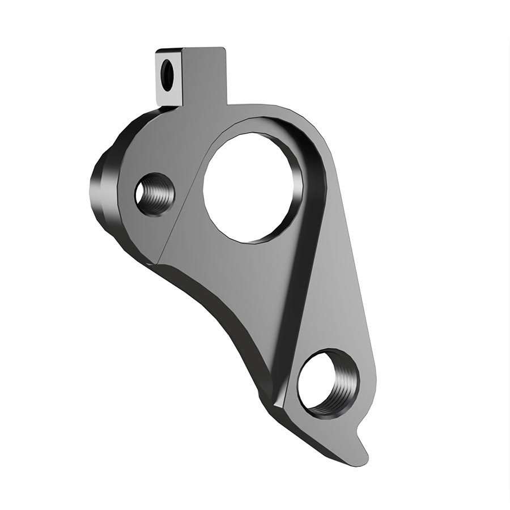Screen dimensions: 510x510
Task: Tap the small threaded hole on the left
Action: [x=154, y=194]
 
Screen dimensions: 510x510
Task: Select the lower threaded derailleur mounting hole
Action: [x=327, y=382]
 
